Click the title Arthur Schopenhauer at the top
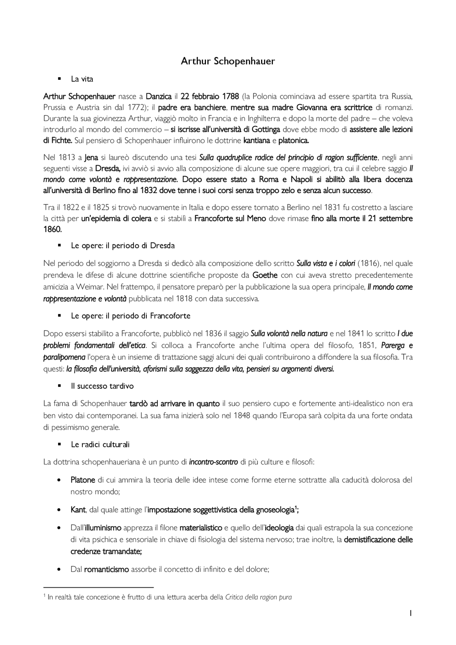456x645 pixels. click(x=228, y=61)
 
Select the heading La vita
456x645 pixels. click(x=82, y=79)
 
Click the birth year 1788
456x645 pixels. click(x=230, y=97)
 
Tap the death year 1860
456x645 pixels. click(x=52, y=229)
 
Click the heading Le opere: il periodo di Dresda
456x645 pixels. click(x=123, y=246)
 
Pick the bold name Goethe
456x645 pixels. click(x=265, y=275)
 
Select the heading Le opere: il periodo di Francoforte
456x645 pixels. click(x=130, y=316)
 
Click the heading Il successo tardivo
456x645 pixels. click(x=102, y=386)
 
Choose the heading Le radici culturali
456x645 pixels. click(x=100, y=444)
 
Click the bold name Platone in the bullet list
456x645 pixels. click(x=83, y=480)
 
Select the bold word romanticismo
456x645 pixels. click(x=106, y=569)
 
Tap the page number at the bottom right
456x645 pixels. click(x=411, y=613)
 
